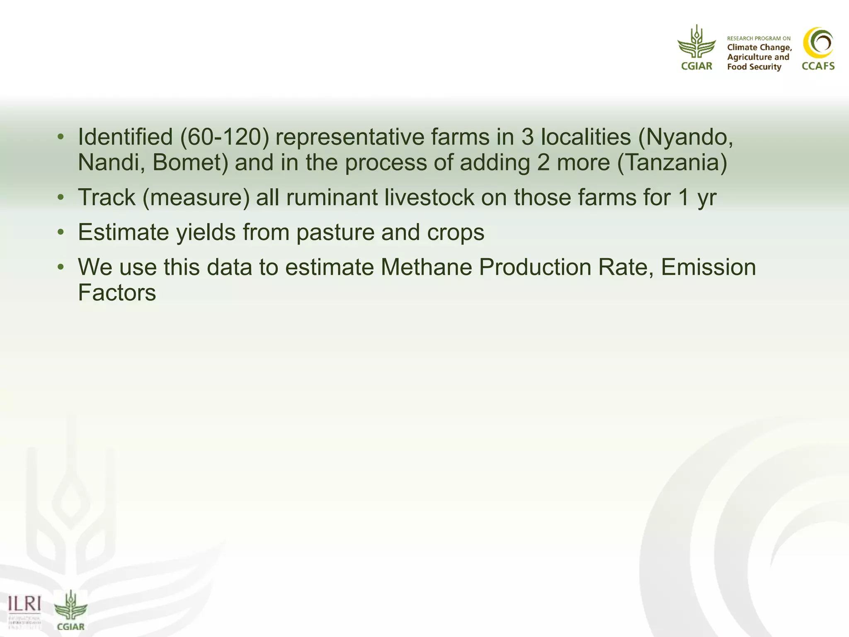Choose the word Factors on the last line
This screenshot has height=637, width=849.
point(117,293)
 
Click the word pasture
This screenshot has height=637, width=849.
point(335,232)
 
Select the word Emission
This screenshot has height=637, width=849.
point(708,267)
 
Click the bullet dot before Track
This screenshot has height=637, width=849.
point(61,197)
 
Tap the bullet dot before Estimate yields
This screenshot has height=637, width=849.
point(61,232)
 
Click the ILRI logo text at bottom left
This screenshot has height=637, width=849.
point(24,604)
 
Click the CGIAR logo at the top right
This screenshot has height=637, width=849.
point(696,48)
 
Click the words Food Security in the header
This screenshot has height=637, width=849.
point(754,67)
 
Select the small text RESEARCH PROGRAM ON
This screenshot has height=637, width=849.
point(759,39)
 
